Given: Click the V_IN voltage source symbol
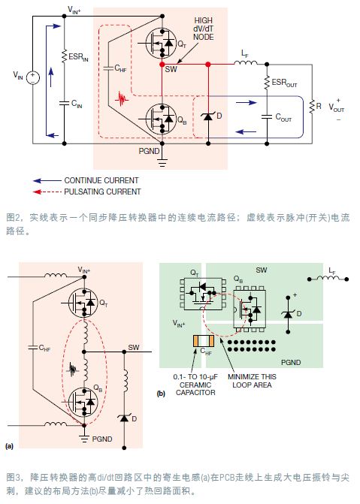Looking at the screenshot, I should click(x=32, y=75).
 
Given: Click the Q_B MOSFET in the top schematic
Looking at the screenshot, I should click(x=158, y=116).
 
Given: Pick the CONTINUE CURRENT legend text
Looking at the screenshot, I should click(x=101, y=180).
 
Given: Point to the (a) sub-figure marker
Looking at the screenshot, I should click(x=9, y=446).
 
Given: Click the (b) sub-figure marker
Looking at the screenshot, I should click(x=160, y=392).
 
